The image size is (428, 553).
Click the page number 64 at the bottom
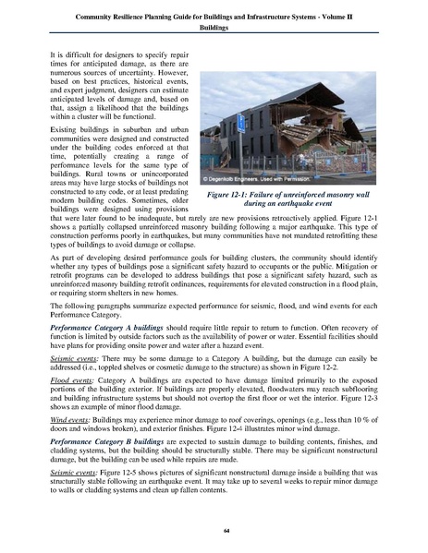pyautogui.click(x=214, y=531)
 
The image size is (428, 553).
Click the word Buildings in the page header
pyautogui.click(x=214, y=27)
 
